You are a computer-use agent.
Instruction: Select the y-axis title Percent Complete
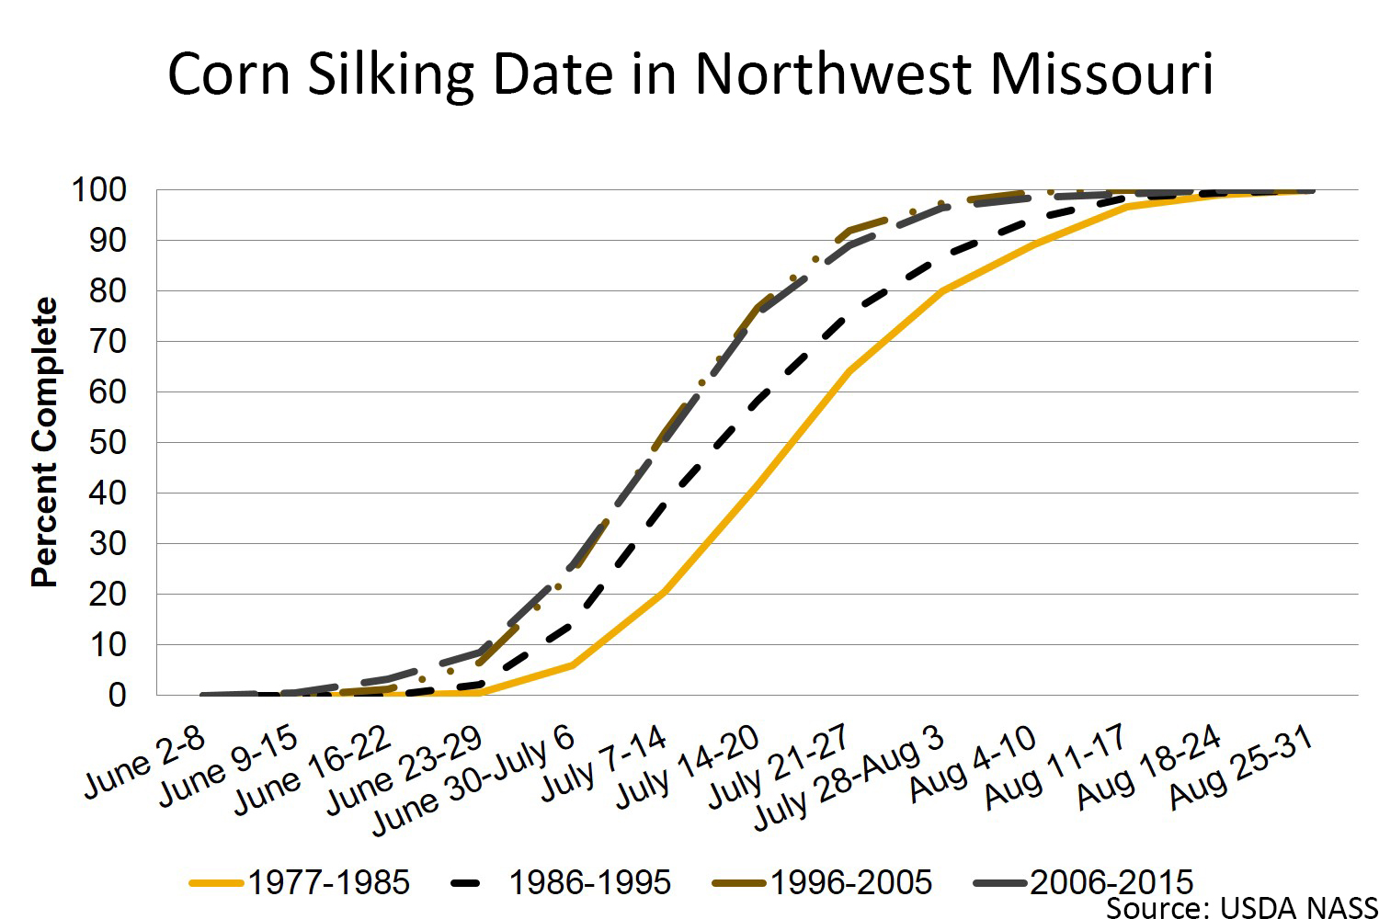[x=44, y=442]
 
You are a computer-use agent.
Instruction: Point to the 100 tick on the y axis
[x=98, y=190]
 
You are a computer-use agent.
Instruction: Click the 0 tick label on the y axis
[x=117, y=696]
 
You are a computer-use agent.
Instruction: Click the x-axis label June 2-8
[x=145, y=762]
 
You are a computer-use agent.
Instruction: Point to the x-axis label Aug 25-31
[x=1240, y=768]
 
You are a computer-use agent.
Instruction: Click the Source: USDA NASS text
[x=1241, y=908]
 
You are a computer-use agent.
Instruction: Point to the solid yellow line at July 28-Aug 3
[x=942, y=290]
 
